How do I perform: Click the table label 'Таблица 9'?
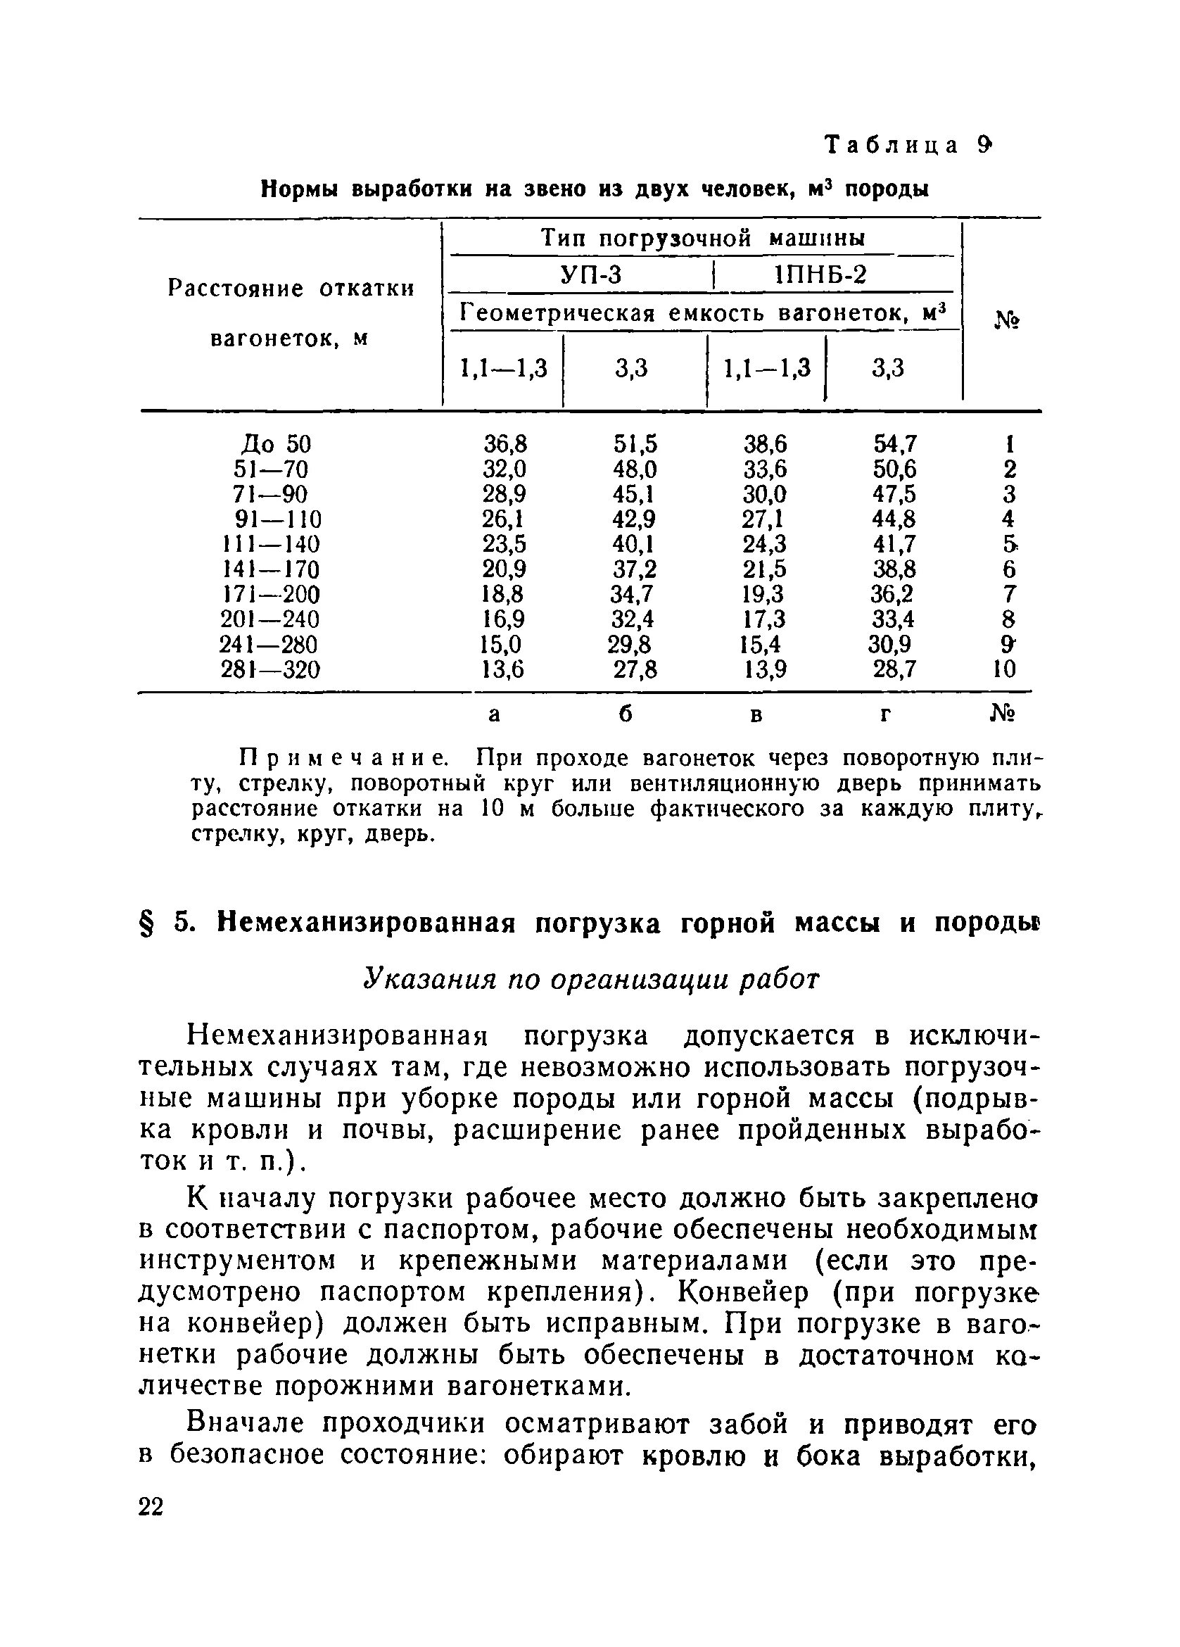pos(907,146)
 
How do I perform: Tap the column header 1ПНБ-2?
pos(820,275)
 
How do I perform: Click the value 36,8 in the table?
pos(505,443)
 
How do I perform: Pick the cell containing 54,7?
pos(894,443)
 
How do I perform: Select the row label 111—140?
pos(270,544)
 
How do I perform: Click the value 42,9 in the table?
pos(633,519)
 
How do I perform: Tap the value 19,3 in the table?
pos(763,594)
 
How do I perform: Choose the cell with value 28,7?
pos(894,669)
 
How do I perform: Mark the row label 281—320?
pos(270,669)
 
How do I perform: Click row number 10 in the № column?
pos(1004,669)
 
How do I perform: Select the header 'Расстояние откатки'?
pos(291,289)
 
